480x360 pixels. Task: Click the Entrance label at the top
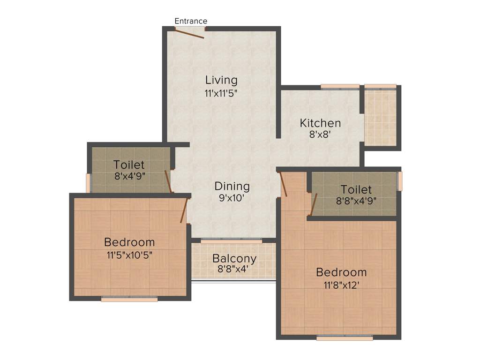click(191, 21)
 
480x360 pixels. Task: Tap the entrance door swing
click(190, 33)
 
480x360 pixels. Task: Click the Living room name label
click(221, 80)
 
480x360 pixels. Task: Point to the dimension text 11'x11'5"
click(221, 93)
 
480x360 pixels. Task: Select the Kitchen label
click(320, 123)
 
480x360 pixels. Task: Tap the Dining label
click(232, 186)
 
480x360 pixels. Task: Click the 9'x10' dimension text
click(232, 198)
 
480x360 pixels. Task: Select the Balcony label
click(234, 258)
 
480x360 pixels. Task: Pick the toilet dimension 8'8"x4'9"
click(356, 202)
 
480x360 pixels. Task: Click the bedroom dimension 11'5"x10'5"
click(129, 255)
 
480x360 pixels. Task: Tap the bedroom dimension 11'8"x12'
click(341, 285)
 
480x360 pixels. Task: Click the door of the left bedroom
click(184, 210)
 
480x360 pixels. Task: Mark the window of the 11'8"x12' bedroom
click(345, 337)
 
